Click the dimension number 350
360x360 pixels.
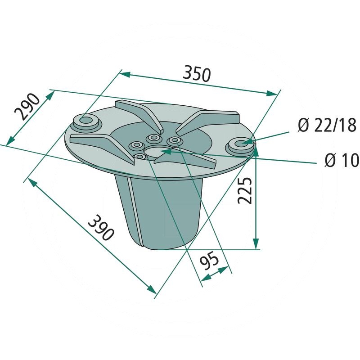click(x=197, y=74)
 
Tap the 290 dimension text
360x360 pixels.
click(x=27, y=107)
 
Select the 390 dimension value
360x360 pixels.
click(x=101, y=228)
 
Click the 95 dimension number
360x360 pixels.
click(x=209, y=261)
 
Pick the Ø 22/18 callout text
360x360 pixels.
click(x=327, y=125)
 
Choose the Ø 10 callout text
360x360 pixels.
click(x=342, y=160)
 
